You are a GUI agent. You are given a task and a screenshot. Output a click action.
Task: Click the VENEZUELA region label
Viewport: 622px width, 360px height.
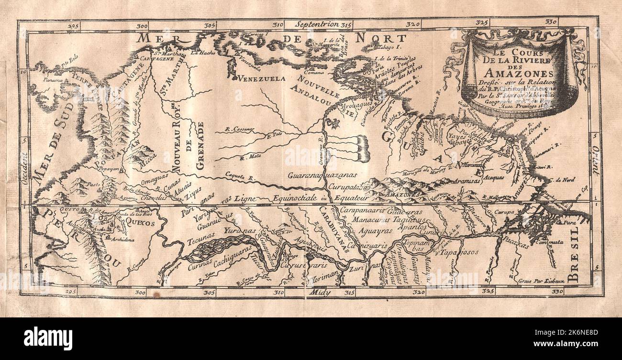(261, 78)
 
